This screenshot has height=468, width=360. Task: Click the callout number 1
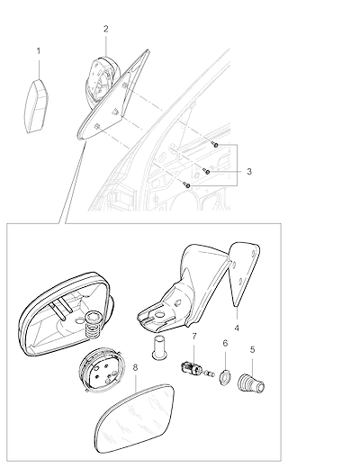(x=39, y=51)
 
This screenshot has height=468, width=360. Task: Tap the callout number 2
(x=106, y=29)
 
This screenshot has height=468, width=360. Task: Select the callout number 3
(x=249, y=172)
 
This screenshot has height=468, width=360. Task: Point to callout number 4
(x=237, y=328)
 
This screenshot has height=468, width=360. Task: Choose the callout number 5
(x=252, y=349)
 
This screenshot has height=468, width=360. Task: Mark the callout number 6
(x=225, y=343)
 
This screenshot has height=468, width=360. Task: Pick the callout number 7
(x=194, y=337)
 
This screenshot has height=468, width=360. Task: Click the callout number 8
(x=135, y=367)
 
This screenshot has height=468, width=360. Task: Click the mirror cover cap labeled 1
(x=36, y=106)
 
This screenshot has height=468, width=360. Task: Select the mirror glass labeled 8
(x=134, y=418)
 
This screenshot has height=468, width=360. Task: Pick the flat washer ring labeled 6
(x=225, y=378)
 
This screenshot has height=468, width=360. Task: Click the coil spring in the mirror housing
(x=93, y=326)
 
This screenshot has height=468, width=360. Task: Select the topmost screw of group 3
(x=215, y=145)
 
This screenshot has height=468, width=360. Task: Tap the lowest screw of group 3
(x=187, y=185)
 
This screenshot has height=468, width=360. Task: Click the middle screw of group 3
(x=206, y=171)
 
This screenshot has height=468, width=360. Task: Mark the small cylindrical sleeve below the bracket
(x=158, y=347)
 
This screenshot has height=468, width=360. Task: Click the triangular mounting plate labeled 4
(x=244, y=273)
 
